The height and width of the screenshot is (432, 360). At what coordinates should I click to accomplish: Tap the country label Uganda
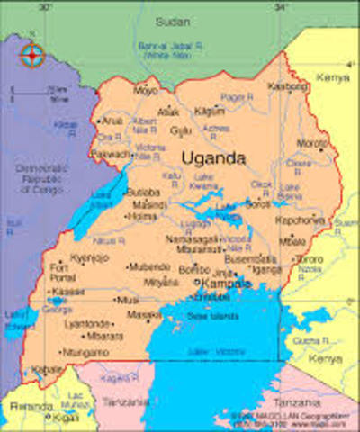(214, 158)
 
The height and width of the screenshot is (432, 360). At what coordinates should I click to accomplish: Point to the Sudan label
(172, 20)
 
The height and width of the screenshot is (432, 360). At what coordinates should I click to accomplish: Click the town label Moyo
(146, 91)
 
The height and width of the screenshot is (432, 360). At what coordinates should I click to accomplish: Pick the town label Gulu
(181, 130)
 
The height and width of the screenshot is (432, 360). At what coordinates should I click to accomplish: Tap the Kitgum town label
(210, 111)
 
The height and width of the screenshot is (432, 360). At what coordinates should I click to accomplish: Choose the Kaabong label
(287, 86)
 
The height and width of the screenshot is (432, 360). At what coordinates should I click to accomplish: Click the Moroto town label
(311, 143)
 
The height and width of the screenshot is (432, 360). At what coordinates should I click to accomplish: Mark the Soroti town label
(256, 204)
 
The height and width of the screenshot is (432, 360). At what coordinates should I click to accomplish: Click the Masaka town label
(144, 315)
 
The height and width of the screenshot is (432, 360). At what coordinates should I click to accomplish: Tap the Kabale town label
(44, 370)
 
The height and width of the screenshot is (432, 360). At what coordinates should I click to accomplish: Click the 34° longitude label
(282, 6)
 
